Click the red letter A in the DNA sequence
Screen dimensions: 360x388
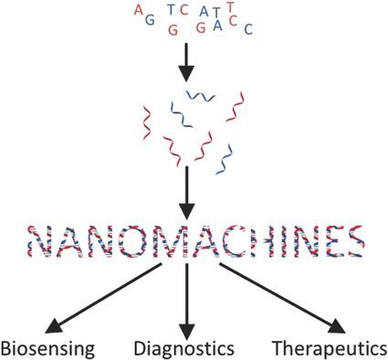click(x=138, y=11)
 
